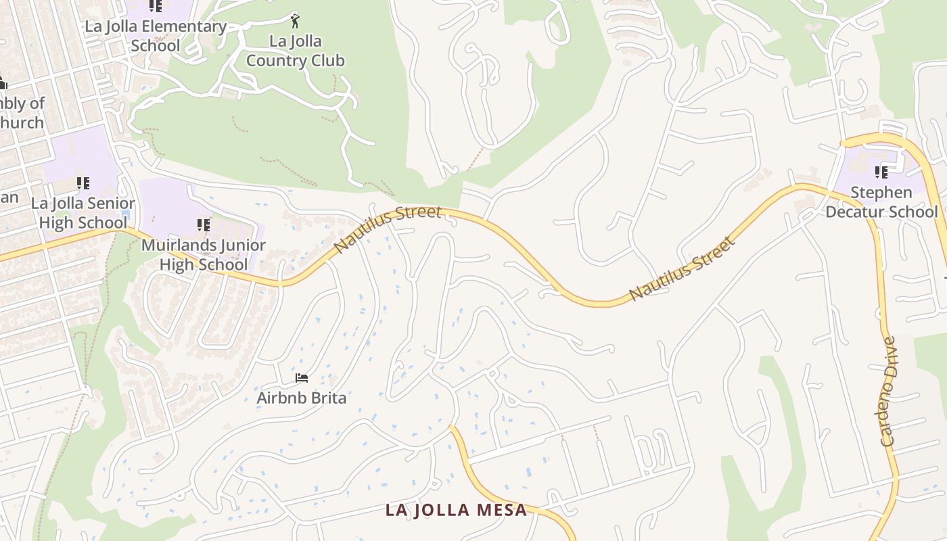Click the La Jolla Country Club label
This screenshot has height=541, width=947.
pyautogui.click(x=295, y=51)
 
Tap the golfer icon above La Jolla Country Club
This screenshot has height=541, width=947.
pyautogui.click(x=294, y=20)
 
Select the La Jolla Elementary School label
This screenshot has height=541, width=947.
pyautogui.click(x=156, y=36)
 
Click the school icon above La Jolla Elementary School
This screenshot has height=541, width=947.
pyautogui.click(x=156, y=6)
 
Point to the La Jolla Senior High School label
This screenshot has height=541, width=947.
pyautogui.click(x=83, y=212)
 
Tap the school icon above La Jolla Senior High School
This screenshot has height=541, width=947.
pyautogui.click(x=83, y=183)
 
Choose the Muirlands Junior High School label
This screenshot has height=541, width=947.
pyautogui.click(x=204, y=254)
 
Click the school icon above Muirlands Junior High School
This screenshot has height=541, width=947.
pyautogui.click(x=204, y=225)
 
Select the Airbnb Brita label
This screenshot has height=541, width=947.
pyautogui.click(x=301, y=398)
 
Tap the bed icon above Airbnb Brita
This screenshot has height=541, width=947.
pyautogui.click(x=302, y=377)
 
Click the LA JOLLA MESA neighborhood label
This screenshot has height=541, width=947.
pyautogui.click(x=456, y=510)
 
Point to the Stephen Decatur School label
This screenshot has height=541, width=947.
pyautogui.click(x=881, y=202)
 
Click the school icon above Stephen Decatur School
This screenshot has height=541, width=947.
pyautogui.click(x=881, y=172)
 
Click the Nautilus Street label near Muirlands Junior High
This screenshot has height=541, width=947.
pyautogui.click(x=388, y=230)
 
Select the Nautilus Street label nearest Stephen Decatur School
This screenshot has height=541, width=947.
pyautogui.click(x=682, y=268)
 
